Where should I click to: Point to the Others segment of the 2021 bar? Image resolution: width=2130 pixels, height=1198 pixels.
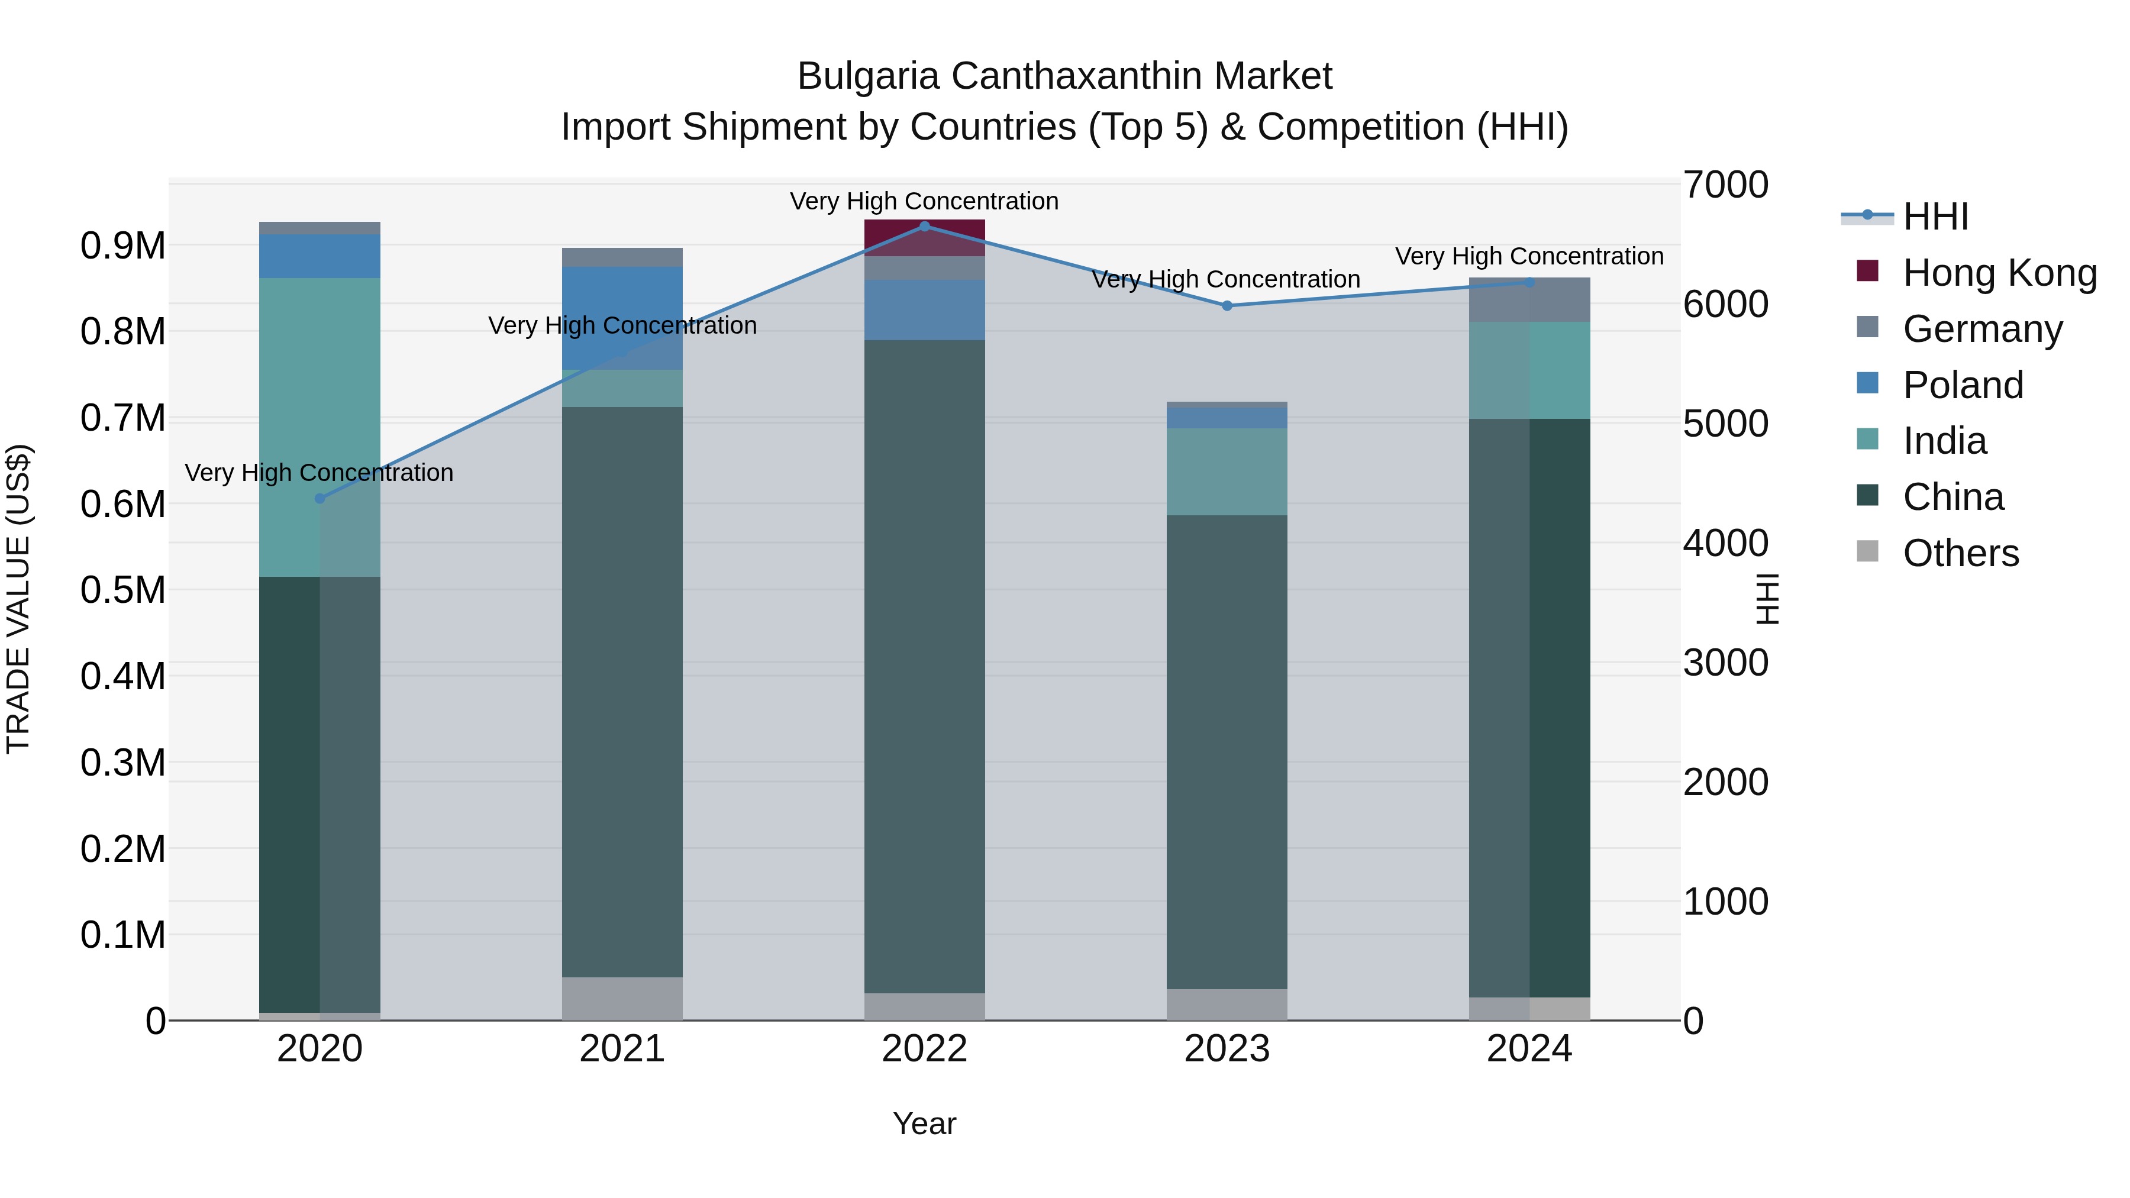[x=622, y=998]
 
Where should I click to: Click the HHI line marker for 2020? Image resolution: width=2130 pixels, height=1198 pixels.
[x=320, y=499]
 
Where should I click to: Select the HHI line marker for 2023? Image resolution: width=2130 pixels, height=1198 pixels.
[x=1227, y=306]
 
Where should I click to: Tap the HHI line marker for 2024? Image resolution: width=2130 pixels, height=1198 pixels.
[x=1529, y=283]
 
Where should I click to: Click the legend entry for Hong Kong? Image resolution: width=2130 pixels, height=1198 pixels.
[x=1999, y=273]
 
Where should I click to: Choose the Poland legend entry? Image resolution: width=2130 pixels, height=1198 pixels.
[x=1962, y=385]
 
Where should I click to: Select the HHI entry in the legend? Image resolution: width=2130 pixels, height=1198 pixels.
[x=1935, y=217]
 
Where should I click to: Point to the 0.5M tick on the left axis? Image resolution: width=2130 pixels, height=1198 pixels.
[x=122, y=590]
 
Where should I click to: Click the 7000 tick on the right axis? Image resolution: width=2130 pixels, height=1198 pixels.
[x=1726, y=185]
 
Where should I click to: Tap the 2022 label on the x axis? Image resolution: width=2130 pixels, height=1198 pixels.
[x=924, y=1049]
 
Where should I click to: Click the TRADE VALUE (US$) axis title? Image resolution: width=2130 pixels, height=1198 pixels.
[x=18, y=599]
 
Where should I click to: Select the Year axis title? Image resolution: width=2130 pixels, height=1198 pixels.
[x=924, y=1123]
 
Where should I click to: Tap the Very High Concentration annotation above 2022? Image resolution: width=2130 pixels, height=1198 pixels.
[x=924, y=201]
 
